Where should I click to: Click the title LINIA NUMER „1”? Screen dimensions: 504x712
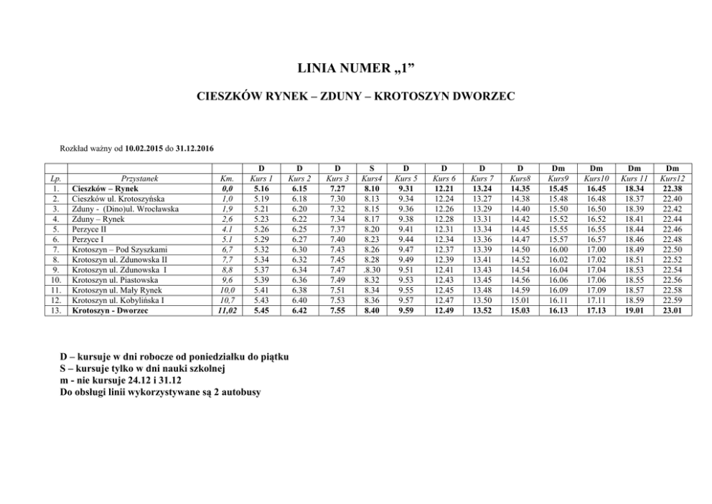point(355,68)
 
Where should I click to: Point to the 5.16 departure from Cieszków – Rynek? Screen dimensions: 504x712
point(261,188)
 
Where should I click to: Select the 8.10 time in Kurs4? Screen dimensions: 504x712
point(372,188)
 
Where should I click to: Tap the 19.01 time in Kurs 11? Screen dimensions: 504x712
point(634,311)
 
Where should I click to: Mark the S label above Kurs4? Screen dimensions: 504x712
point(372,168)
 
